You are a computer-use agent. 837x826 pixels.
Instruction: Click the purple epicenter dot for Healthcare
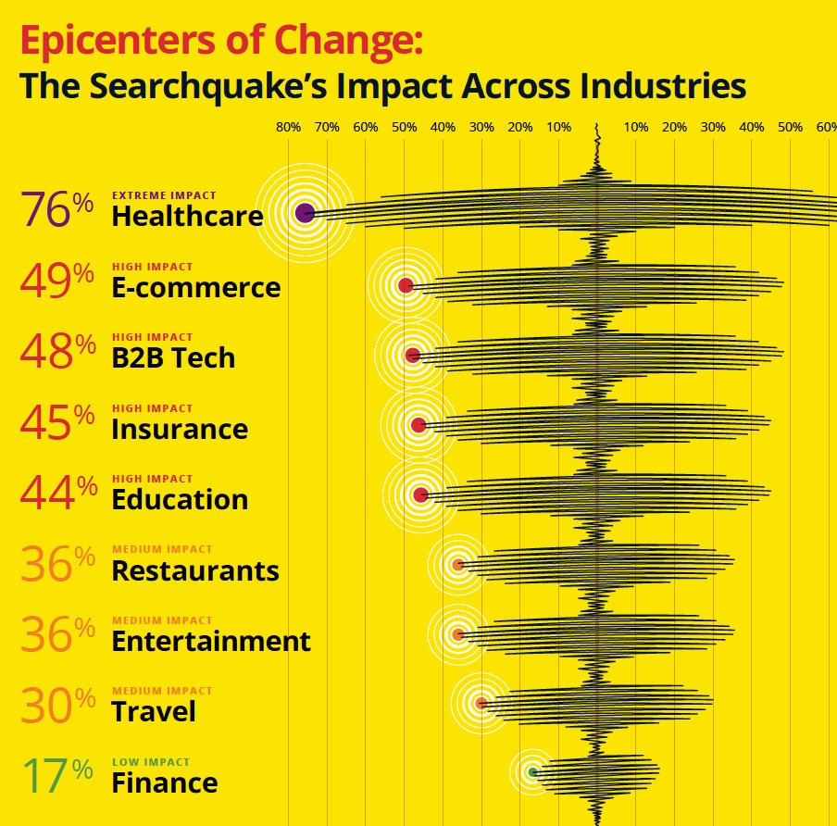(305, 213)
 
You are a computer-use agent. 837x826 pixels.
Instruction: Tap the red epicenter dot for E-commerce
(406, 285)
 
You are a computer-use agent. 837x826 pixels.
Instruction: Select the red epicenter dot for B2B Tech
(413, 356)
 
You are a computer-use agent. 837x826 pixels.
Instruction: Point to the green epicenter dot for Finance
(532, 771)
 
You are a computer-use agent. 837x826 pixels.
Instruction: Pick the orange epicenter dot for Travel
(481, 703)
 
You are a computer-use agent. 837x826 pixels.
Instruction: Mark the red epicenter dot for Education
(421, 494)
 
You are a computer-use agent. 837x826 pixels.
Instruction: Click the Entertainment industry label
(211, 641)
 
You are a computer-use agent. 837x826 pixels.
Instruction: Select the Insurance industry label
(180, 429)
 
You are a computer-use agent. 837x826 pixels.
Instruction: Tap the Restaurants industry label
(194, 570)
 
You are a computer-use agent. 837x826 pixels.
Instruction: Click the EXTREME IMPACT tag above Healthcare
(164, 195)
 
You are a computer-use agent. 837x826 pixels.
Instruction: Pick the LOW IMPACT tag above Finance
(151, 762)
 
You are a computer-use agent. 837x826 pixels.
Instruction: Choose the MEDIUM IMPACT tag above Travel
(162, 691)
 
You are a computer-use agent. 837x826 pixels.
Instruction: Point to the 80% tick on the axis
(288, 127)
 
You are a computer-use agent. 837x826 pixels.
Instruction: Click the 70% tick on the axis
(327, 127)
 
